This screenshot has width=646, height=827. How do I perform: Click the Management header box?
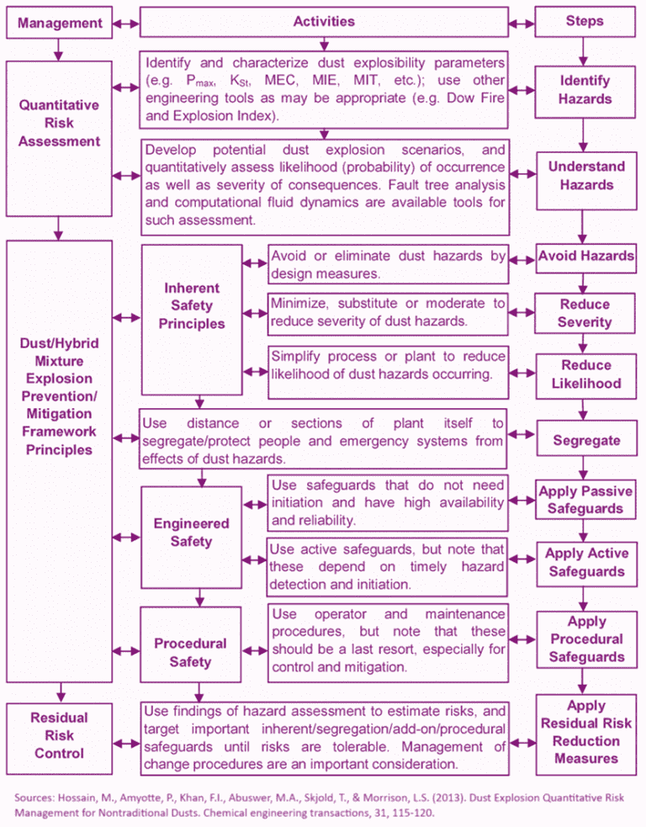(58, 23)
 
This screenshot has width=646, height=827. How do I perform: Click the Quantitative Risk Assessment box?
(58, 123)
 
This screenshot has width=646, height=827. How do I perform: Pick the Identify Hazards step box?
(585, 90)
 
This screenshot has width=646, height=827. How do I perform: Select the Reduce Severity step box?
(585, 313)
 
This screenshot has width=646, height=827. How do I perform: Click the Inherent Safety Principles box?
(193, 305)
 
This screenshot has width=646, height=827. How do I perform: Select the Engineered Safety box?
(191, 532)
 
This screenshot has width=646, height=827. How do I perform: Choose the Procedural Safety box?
(191, 652)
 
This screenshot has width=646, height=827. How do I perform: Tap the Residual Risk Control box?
(58, 735)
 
